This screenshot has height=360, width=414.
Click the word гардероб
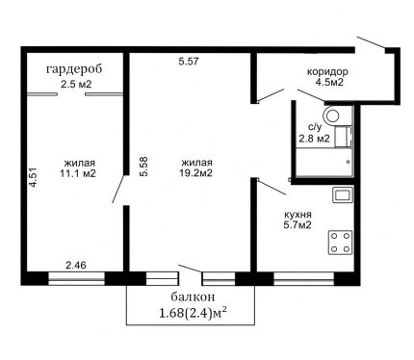(x=74, y=69)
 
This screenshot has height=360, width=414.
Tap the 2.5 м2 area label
(x=76, y=85)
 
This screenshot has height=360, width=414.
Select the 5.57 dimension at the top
(x=189, y=62)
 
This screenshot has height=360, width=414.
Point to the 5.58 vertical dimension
(x=143, y=167)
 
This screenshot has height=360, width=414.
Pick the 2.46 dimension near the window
(x=76, y=266)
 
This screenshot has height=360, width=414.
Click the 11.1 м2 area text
(x=78, y=173)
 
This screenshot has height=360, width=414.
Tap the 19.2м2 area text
(x=196, y=173)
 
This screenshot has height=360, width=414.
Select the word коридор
(x=327, y=72)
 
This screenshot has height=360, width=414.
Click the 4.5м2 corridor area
(x=330, y=82)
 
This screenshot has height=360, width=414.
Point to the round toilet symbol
(x=332, y=116)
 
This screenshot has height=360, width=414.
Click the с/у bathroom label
(x=315, y=127)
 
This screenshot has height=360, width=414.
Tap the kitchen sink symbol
(x=343, y=194)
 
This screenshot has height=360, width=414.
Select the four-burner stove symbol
(x=340, y=243)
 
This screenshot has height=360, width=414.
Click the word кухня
(x=298, y=215)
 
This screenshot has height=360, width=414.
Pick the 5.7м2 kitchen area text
(x=298, y=225)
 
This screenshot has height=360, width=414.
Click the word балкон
(x=193, y=297)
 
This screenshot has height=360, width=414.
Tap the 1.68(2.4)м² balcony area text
(x=195, y=313)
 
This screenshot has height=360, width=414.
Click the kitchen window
(x=303, y=278)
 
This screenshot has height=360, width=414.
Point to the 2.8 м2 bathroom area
(x=314, y=139)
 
